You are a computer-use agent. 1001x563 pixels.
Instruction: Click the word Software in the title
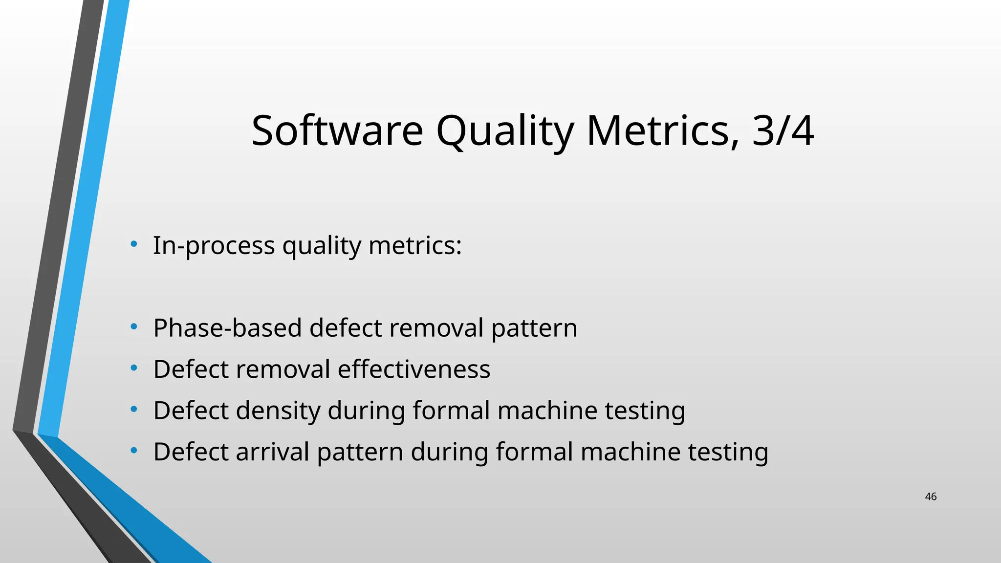pos(337,130)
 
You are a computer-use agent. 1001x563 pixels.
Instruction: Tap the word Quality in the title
pos(504,130)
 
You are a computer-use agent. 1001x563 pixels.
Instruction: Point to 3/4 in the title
pos(783,130)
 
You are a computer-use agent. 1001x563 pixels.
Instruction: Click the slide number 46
pos(931,497)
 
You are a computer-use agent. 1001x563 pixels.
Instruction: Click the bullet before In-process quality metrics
pos(133,243)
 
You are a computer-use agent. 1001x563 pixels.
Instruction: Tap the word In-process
pos(214,245)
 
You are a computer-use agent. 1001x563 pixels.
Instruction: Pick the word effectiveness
pos(413,369)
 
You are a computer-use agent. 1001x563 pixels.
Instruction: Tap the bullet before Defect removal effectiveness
pos(133,368)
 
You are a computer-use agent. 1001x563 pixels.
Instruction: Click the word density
pos(278,411)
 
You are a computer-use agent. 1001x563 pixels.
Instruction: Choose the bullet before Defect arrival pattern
pos(133,451)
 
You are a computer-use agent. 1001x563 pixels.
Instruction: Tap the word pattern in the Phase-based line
pos(534,328)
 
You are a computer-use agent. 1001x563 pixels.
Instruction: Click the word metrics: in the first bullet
pos(415,245)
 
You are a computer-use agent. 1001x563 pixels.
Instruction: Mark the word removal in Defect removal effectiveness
pos(283,369)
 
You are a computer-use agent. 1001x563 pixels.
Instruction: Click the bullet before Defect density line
pos(133,410)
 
